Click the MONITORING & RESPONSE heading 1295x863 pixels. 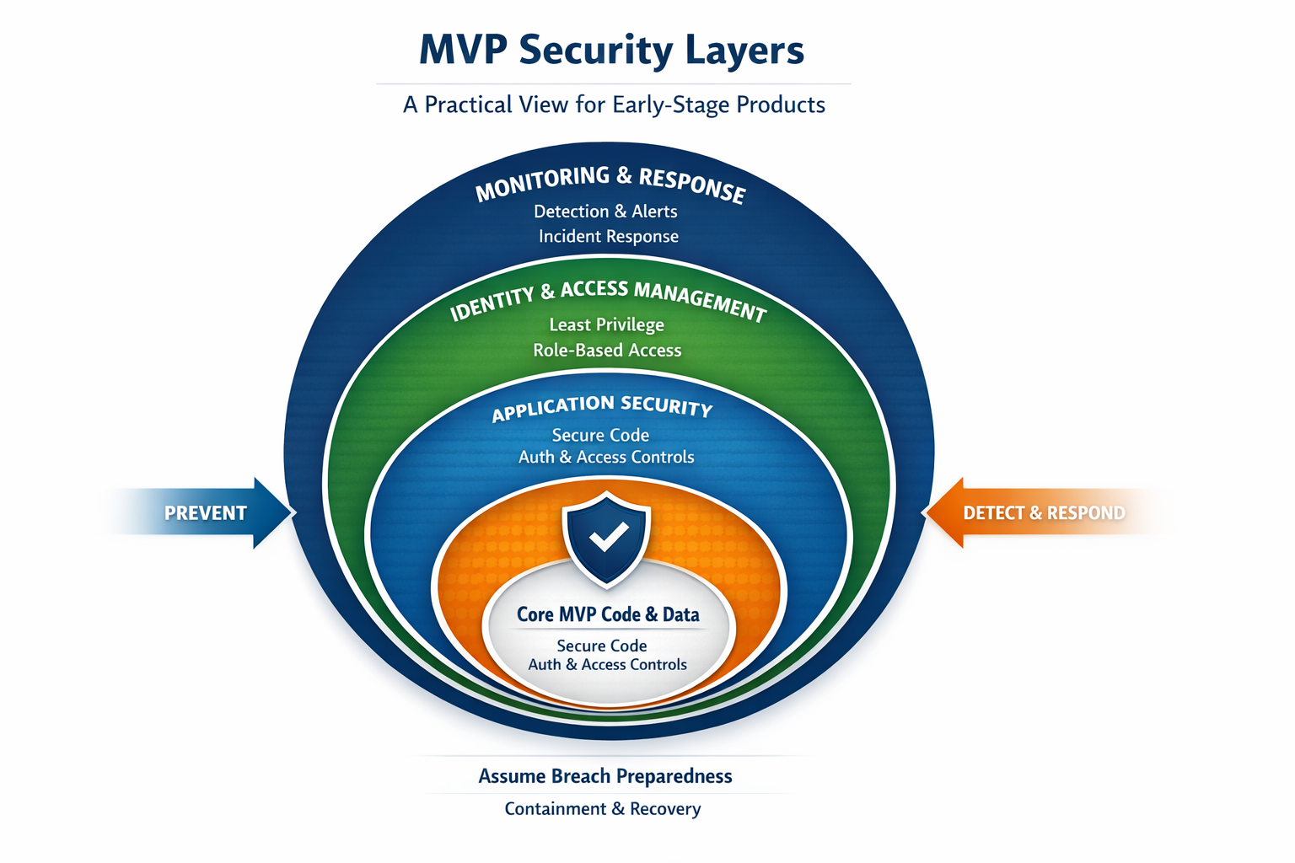coord(610,184)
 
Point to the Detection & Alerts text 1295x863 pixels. coord(605,212)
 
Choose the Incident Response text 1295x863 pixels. coord(609,237)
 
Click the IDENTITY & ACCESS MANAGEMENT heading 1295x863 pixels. coord(608,299)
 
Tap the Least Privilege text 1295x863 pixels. coord(606,324)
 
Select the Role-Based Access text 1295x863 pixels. coord(607,350)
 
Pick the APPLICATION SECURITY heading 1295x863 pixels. coord(602,407)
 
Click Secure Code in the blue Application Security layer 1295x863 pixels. coord(600,435)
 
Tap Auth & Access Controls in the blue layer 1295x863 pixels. coord(606,457)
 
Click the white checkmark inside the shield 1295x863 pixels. coord(608,537)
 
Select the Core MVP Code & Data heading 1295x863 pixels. coord(608,614)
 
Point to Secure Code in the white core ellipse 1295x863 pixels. coord(602,646)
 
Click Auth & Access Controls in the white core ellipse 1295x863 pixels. coord(607,665)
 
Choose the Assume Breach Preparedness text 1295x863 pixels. coord(605,776)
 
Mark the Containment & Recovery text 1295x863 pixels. coord(603,809)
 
